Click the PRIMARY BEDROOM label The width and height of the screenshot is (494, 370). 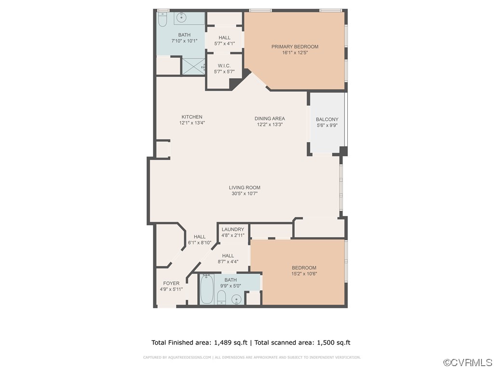point(294,47)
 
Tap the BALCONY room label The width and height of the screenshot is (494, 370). point(327,120)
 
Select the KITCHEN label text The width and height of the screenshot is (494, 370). point(192,117)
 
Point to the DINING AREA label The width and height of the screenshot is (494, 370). point(270,118)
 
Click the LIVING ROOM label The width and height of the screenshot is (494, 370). point(245,188)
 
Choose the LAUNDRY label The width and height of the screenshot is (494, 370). point(233,229)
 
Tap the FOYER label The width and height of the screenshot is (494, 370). point(171,283)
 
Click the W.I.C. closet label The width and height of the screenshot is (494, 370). point(224,66)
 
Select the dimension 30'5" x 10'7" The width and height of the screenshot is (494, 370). point(245,194)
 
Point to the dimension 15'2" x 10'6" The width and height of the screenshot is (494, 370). point(304,274)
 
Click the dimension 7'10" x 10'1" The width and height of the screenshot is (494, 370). point(184,41)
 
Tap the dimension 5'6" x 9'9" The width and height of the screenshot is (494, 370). point(327,125)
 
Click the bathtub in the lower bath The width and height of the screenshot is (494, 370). point(206,289)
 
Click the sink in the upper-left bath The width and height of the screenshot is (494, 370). point(182,18)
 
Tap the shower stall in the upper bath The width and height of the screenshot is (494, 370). point(193,66)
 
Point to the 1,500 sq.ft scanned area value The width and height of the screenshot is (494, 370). point(333,343)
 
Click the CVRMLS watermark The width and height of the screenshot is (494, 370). point(467,362)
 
